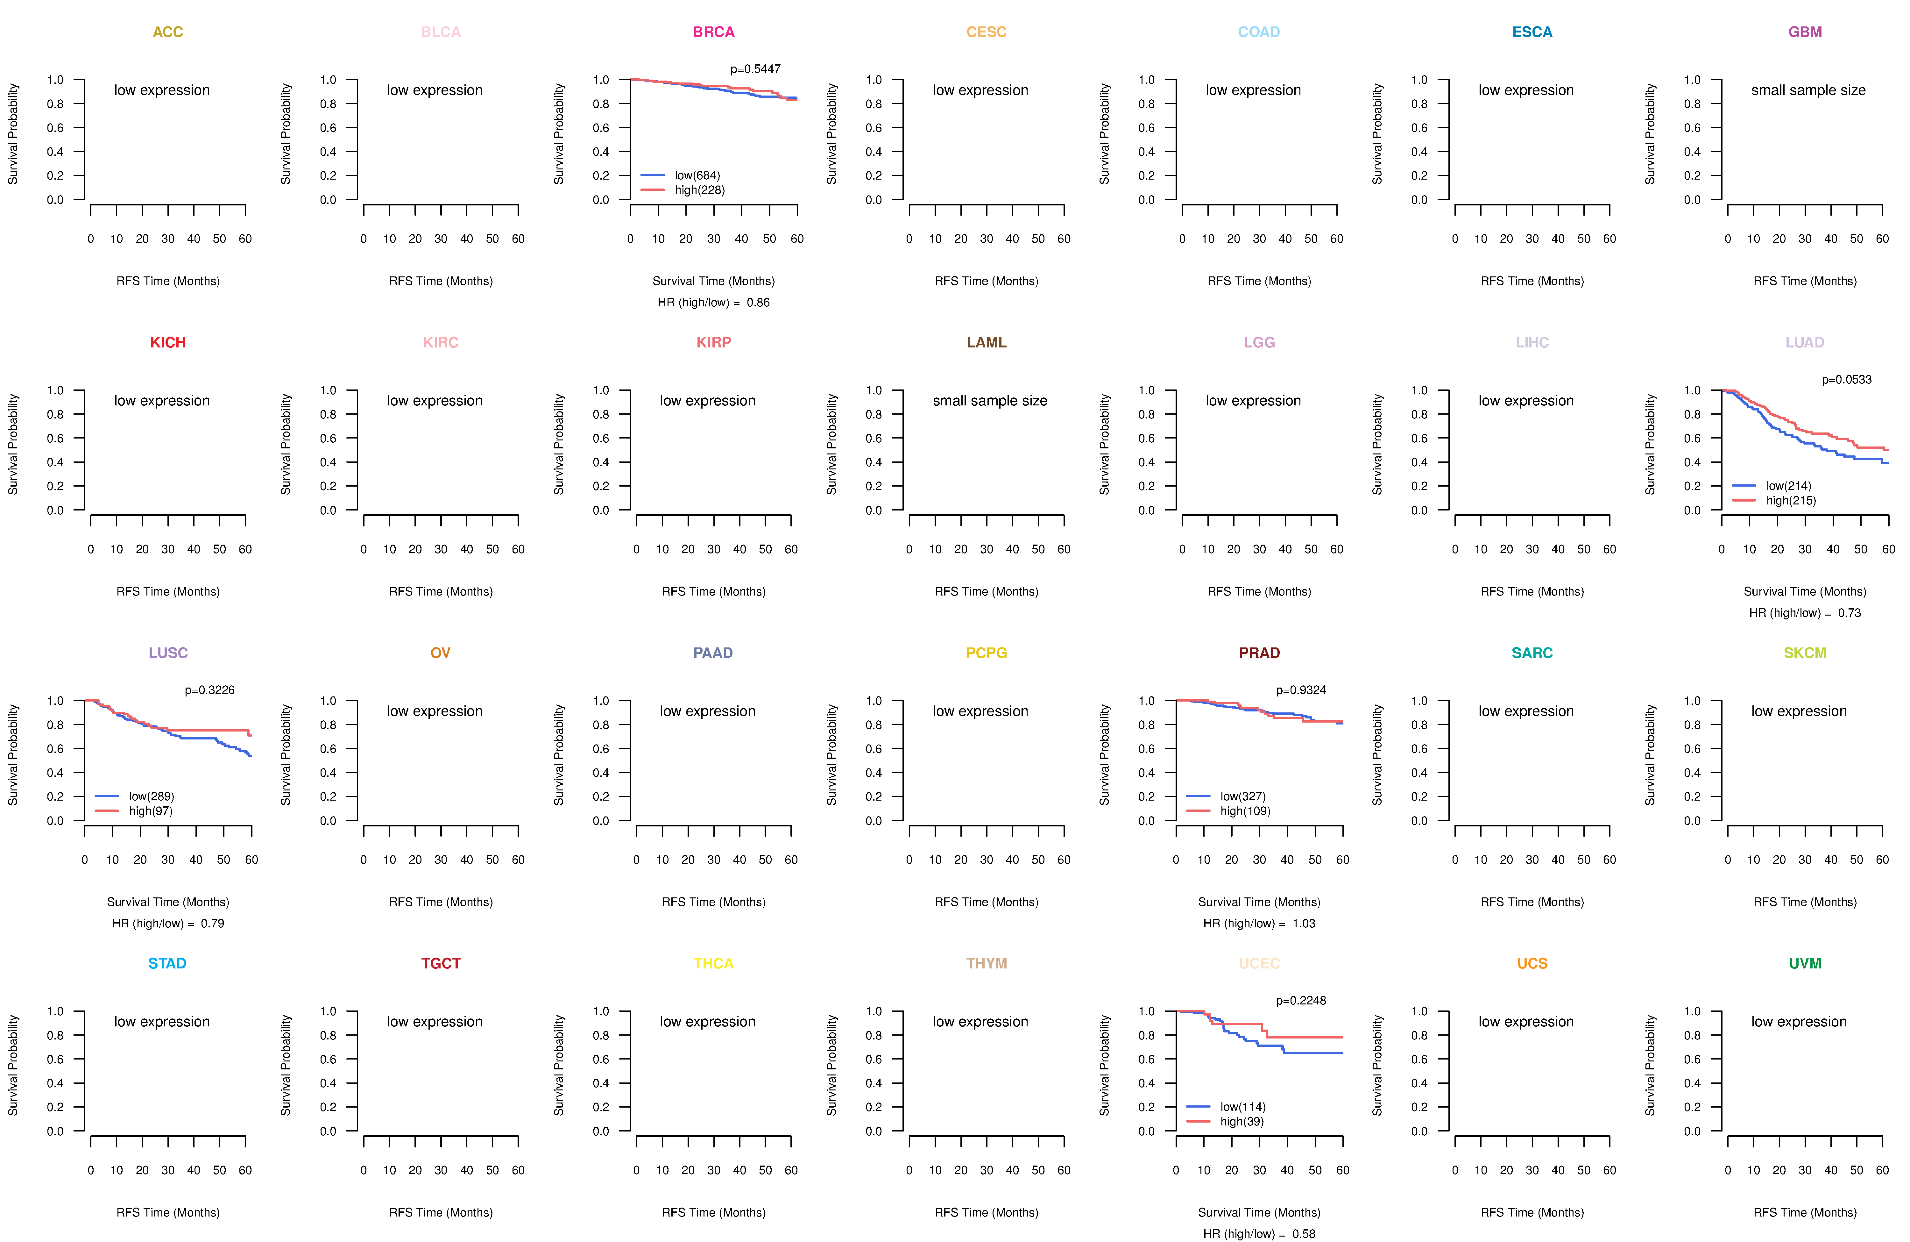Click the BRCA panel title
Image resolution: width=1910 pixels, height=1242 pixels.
click(713, 32)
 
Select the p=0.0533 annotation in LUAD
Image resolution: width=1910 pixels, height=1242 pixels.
click(1847, 380)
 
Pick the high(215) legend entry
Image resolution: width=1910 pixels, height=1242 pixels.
click(1790, 500)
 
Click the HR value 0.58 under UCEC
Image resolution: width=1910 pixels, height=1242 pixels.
click(1303, 1234)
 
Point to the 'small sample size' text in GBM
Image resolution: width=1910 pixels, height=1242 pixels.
click(1808, 90)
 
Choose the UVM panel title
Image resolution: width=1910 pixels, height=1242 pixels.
click(1805, 963)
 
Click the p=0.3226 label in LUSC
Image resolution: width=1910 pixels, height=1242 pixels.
click(209, 690)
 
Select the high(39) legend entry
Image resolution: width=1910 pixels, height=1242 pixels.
click(1241, 1122)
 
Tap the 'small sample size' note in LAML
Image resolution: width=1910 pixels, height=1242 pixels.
click(989, 401)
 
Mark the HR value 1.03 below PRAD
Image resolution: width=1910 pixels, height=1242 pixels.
click(1303, 923)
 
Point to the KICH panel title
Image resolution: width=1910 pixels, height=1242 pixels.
click(168, 343)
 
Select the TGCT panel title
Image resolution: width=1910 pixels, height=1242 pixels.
click(441, 963)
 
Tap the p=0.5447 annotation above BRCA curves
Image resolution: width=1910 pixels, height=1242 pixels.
click(755, 69)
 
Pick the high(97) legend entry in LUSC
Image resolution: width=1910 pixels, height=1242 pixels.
click(151, 811)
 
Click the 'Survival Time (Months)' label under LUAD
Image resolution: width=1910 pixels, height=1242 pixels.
click(1805, 592)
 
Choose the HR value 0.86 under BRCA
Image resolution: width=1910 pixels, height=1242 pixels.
click(758, 303)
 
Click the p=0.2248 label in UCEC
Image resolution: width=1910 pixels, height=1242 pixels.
click(1301, 1001)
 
